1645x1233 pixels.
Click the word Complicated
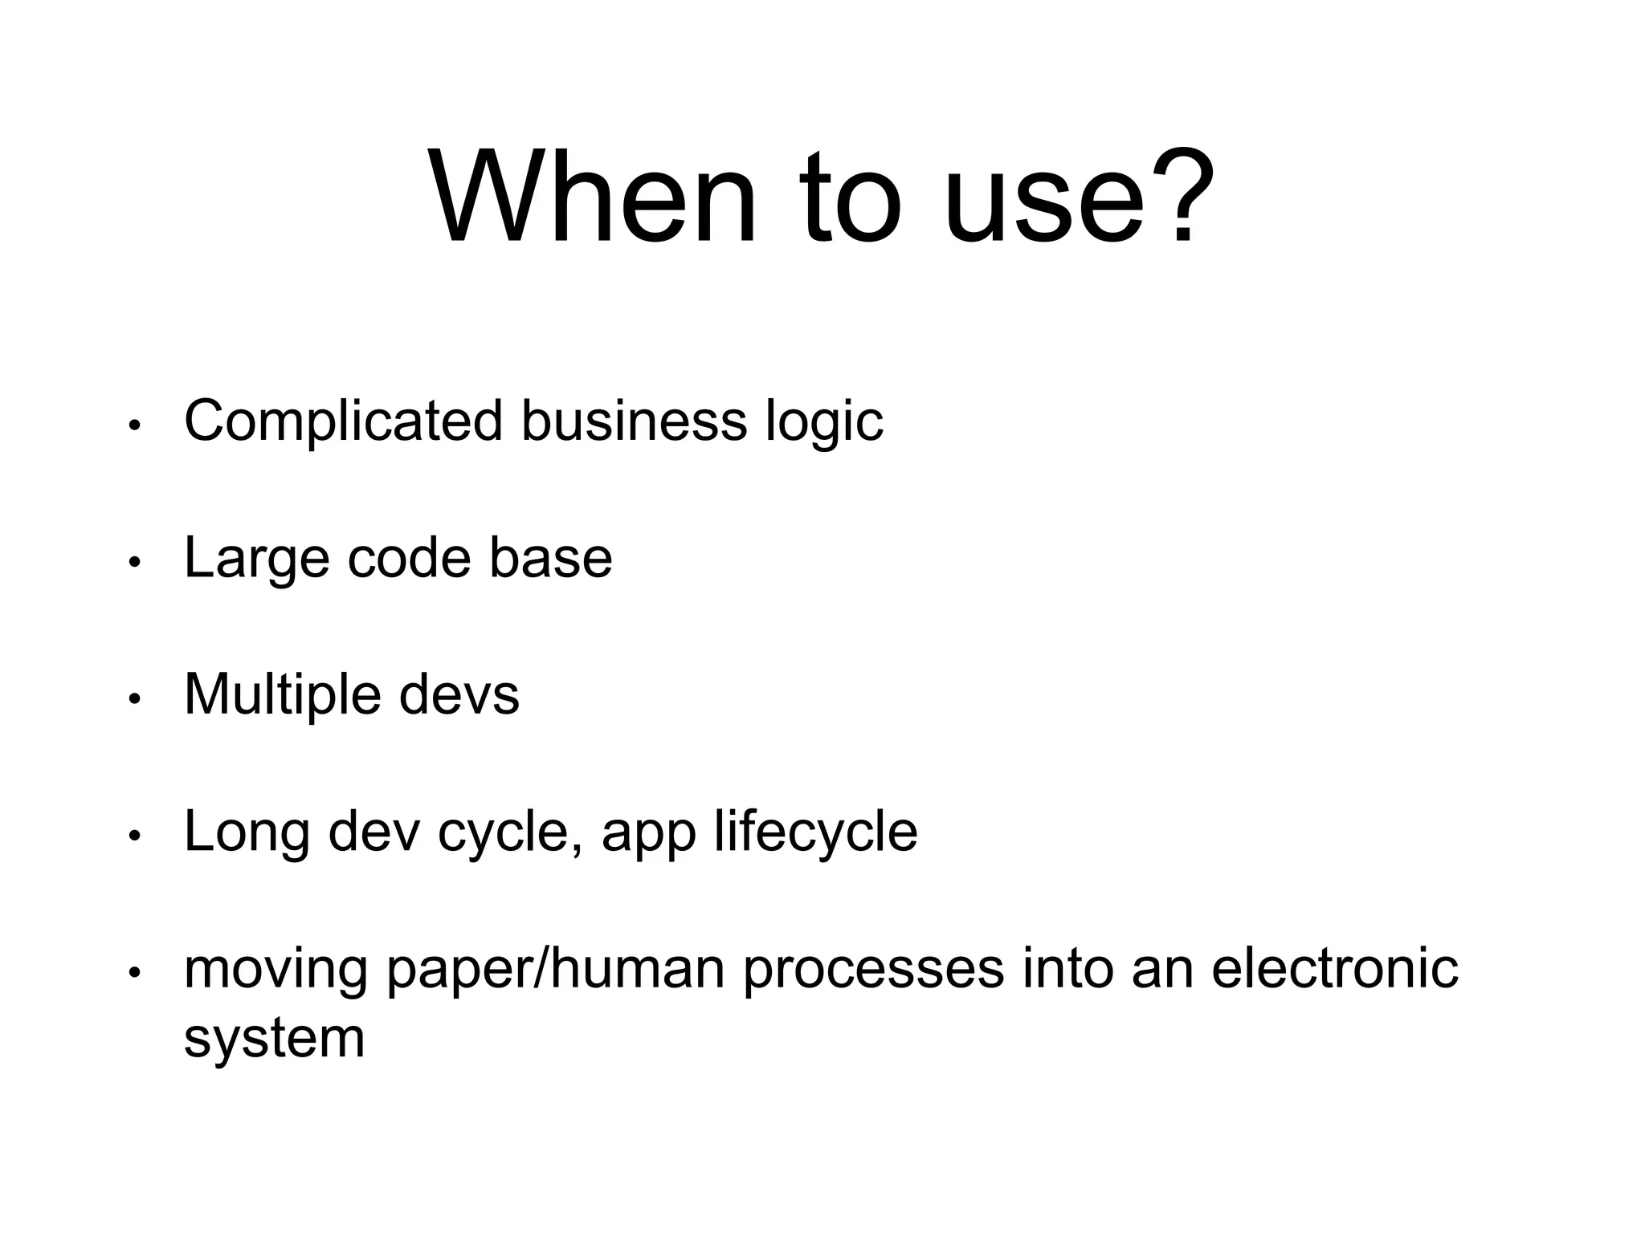click(343, 422)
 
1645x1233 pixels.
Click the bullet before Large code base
click(135, 563)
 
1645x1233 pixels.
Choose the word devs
click(459, 694)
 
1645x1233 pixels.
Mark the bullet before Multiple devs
click(135, 699)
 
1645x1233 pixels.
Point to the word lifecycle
click(815, 831)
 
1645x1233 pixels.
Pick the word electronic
click(1334, 967)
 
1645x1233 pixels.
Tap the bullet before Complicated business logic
click(135, 425)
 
